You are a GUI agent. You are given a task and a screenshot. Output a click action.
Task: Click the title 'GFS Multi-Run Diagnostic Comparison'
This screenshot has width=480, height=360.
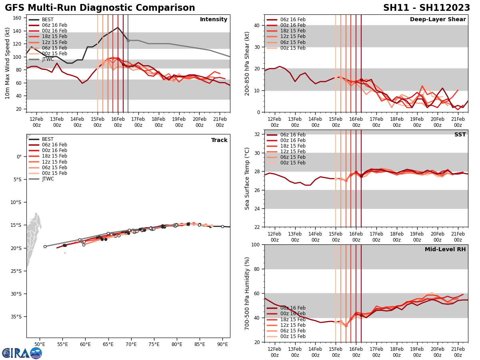(x=100, y=8)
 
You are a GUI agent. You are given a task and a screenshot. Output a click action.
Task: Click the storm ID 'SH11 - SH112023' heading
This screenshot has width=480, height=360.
(x=426, y=8)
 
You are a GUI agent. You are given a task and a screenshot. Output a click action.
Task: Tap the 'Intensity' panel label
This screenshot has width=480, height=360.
(x=214, y=20)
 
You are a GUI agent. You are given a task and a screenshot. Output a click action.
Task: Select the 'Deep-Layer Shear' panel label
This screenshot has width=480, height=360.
(x=438, y=20)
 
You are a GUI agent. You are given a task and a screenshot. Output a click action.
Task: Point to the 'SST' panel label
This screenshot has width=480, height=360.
(x=460, y=135)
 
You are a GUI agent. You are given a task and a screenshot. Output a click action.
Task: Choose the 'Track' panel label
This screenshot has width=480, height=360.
(x=219, y=140)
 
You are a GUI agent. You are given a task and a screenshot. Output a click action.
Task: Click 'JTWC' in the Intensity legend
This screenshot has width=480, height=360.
(x=48, y=59)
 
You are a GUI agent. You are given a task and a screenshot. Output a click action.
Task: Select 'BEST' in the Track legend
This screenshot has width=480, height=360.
(x=48, y=139)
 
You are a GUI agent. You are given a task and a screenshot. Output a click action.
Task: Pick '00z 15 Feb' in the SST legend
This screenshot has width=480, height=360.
(x=293, y=163)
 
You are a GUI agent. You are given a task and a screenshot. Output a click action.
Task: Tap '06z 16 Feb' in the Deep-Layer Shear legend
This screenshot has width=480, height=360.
(x=293, y=20)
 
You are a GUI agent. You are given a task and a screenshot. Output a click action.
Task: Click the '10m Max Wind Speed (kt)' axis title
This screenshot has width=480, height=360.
(x=8, y=63)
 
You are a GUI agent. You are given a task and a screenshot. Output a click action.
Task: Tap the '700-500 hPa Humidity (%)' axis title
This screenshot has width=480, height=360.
(x=248, y=293)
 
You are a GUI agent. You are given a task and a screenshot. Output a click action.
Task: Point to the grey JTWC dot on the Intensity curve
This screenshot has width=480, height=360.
(x=128, y=40)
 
